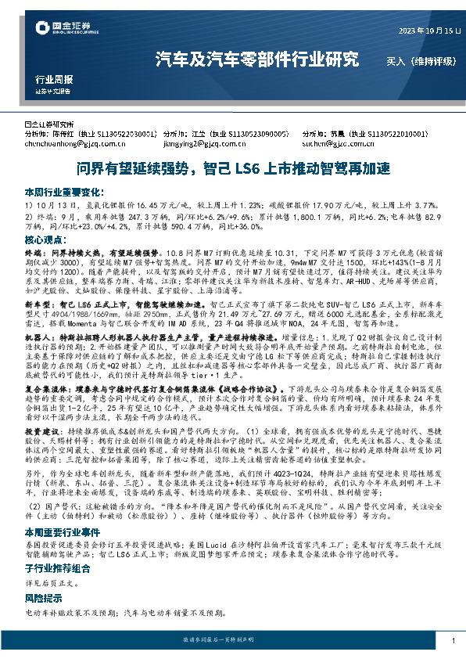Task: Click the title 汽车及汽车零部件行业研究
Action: [x=257, y=59]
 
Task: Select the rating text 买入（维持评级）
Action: [x=413, y=59]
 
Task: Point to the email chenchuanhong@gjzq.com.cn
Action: [x=70, y=144]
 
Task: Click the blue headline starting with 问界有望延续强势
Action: [x=232, y=168]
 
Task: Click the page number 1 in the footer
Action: [x=453, y=641]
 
